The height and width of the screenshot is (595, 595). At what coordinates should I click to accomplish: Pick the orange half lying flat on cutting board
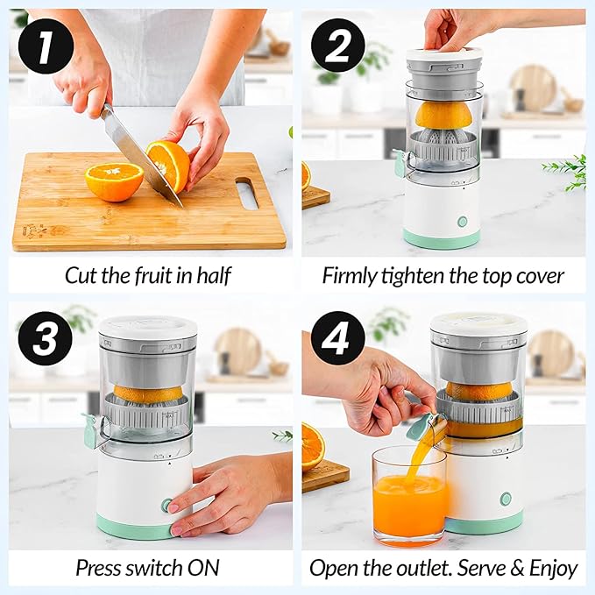tap(114, 181)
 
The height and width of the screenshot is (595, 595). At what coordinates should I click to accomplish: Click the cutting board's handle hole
tap(247, 193)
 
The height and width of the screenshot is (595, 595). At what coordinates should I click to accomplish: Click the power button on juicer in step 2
tap(462, 222)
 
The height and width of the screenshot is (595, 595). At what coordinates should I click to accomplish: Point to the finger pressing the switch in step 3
tap(175, 506)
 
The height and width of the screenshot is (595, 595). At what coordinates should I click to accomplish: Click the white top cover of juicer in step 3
tap(147, 328)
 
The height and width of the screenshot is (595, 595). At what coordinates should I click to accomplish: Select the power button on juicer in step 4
tap(506, 499)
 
